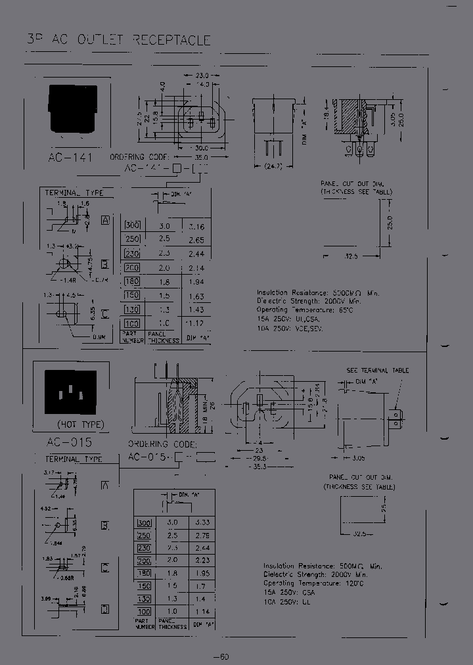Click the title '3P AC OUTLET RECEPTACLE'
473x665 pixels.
click(118, 40)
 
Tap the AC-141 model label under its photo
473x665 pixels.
click(70, 158)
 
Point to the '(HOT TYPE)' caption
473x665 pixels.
click(80, 424)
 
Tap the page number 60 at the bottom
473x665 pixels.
click(221, 656)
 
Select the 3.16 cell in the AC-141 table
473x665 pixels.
click(196, 227)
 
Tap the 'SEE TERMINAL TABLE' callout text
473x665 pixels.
click(377, 371)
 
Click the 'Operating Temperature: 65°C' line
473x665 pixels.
click(304, 310)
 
